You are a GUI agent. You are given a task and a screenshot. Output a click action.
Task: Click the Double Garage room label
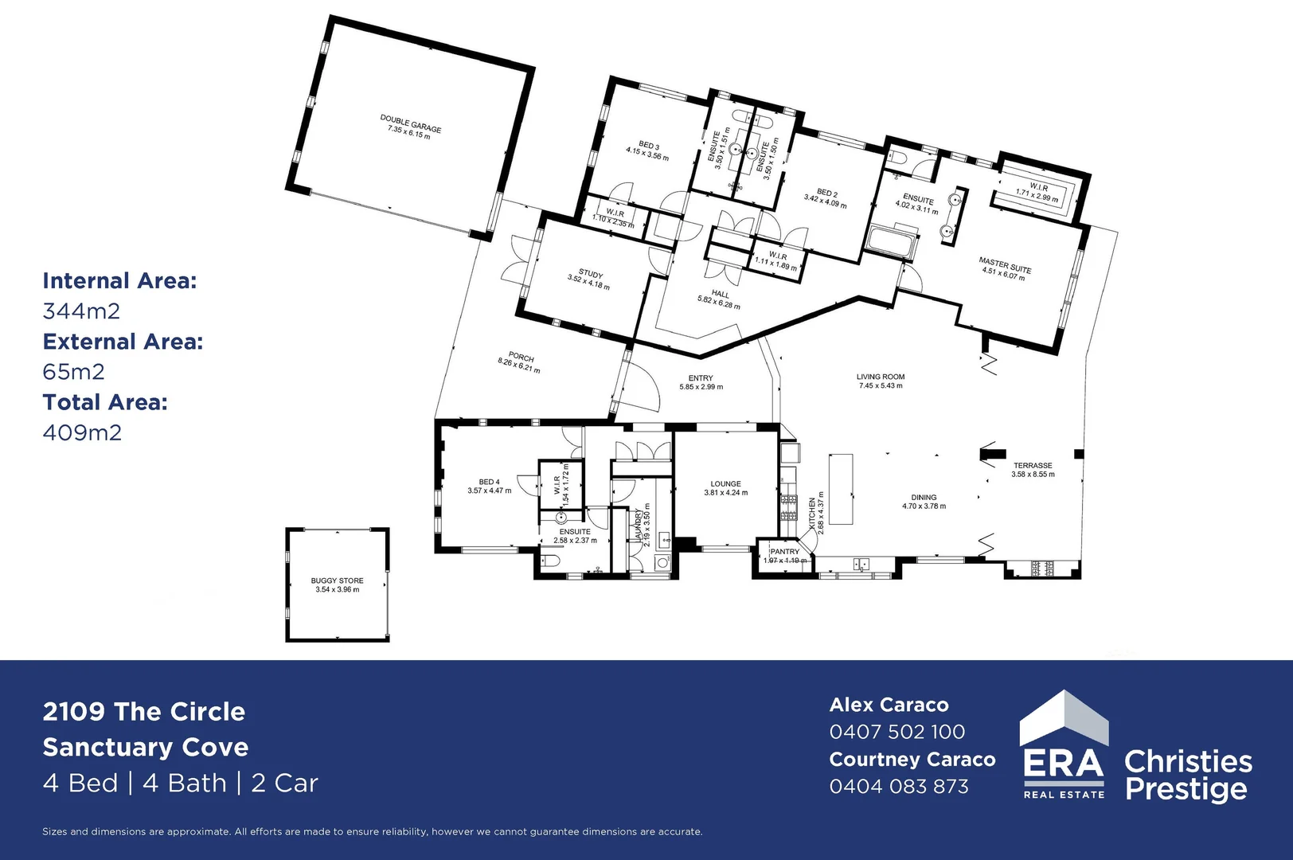410,123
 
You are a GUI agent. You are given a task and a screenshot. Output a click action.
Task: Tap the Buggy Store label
337,580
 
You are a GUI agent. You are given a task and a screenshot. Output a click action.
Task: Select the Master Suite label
1005,265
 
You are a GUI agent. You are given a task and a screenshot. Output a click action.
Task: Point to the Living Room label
881,377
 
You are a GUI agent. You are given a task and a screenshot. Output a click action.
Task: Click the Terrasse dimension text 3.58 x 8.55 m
1033,475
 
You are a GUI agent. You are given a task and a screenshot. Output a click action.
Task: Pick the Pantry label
784,551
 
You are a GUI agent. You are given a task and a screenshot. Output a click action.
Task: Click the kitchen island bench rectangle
841,488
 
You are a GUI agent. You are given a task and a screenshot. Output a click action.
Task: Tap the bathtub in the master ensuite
891,242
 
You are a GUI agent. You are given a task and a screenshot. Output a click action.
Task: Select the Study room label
590,275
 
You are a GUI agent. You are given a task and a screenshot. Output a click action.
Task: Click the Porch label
521,358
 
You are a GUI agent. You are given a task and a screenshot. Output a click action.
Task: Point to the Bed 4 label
489,482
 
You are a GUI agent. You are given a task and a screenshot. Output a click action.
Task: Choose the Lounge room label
725,483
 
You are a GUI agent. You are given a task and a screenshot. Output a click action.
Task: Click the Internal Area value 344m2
81,311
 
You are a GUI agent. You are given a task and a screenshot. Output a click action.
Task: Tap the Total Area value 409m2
82,432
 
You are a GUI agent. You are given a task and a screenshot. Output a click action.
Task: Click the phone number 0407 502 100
897,732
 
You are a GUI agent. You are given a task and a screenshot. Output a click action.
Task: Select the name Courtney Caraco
912,760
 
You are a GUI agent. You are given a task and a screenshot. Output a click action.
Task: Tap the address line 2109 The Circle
144,711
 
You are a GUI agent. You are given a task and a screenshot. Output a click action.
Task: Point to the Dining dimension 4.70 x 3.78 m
924,506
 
